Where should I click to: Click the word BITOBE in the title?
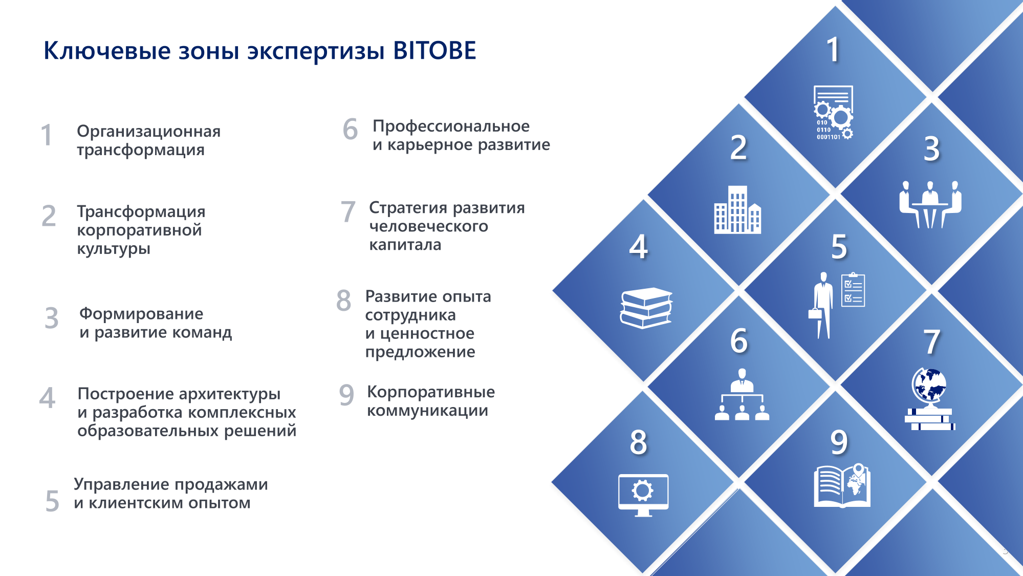pos(434,51)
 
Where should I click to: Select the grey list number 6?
pos(350,129)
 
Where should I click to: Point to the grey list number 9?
pos(346,395)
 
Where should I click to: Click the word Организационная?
pos(149,131)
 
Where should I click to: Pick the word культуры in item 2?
pos(114,249)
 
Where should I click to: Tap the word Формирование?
pos(141,314)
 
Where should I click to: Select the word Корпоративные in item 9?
pos(431,392)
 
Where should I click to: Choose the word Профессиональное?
pos(451,126)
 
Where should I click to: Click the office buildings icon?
pos(737,209)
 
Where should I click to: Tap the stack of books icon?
pos(646,308)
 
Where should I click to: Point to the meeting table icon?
pos(930,204)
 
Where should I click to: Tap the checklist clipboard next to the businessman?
pos(853,290)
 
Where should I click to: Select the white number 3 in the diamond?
pos(932,148)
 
